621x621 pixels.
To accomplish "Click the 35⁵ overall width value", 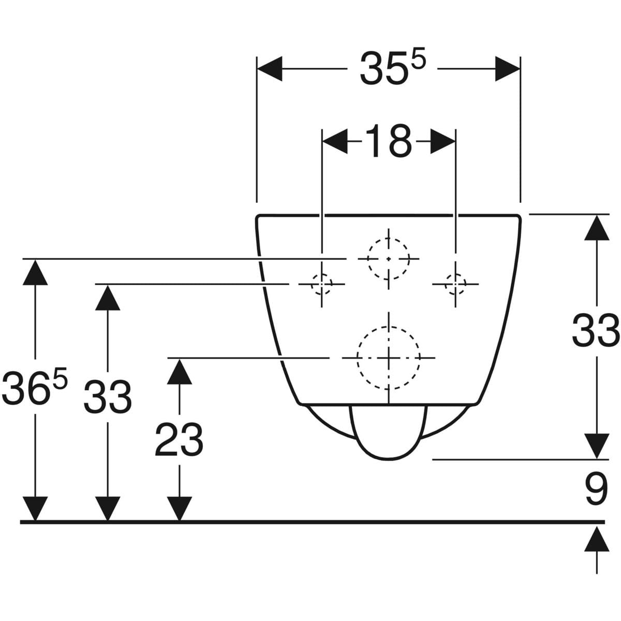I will point(392,69).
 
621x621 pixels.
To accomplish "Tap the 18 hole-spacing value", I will point(389,141).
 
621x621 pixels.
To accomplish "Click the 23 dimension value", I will point(179,439).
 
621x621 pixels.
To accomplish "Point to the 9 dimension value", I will point(596,490).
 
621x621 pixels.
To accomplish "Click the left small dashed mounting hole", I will point(321,284).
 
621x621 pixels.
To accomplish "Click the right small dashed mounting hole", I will point(455,284).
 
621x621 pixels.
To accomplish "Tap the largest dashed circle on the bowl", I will point(388,358).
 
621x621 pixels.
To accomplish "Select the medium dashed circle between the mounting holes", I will point(388,258).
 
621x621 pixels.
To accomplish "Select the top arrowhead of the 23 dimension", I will point(179,372).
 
